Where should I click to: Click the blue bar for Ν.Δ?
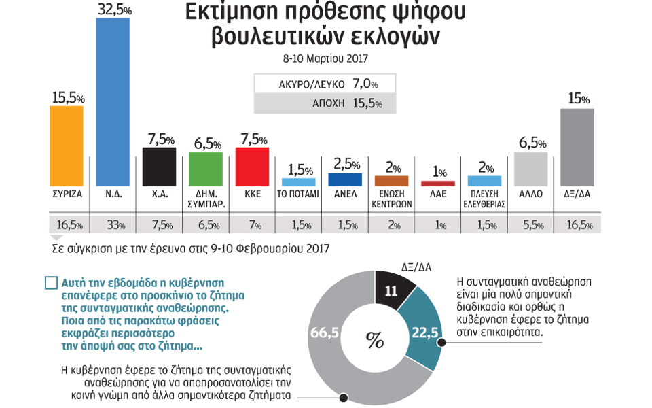[113, 102]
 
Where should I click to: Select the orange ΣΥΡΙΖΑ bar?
[67, 146]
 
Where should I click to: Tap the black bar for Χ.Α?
[160, 167]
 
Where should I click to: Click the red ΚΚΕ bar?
[253, 167]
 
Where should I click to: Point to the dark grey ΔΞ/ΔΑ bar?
[578, 147]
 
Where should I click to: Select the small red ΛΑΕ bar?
[437, 184]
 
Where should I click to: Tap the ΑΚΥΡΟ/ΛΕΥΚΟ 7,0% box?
[319, 84]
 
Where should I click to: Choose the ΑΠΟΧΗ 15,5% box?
[319, 103]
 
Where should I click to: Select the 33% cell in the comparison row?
[113, 225]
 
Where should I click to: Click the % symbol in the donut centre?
[374, 339]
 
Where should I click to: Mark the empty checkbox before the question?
[51, 283]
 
